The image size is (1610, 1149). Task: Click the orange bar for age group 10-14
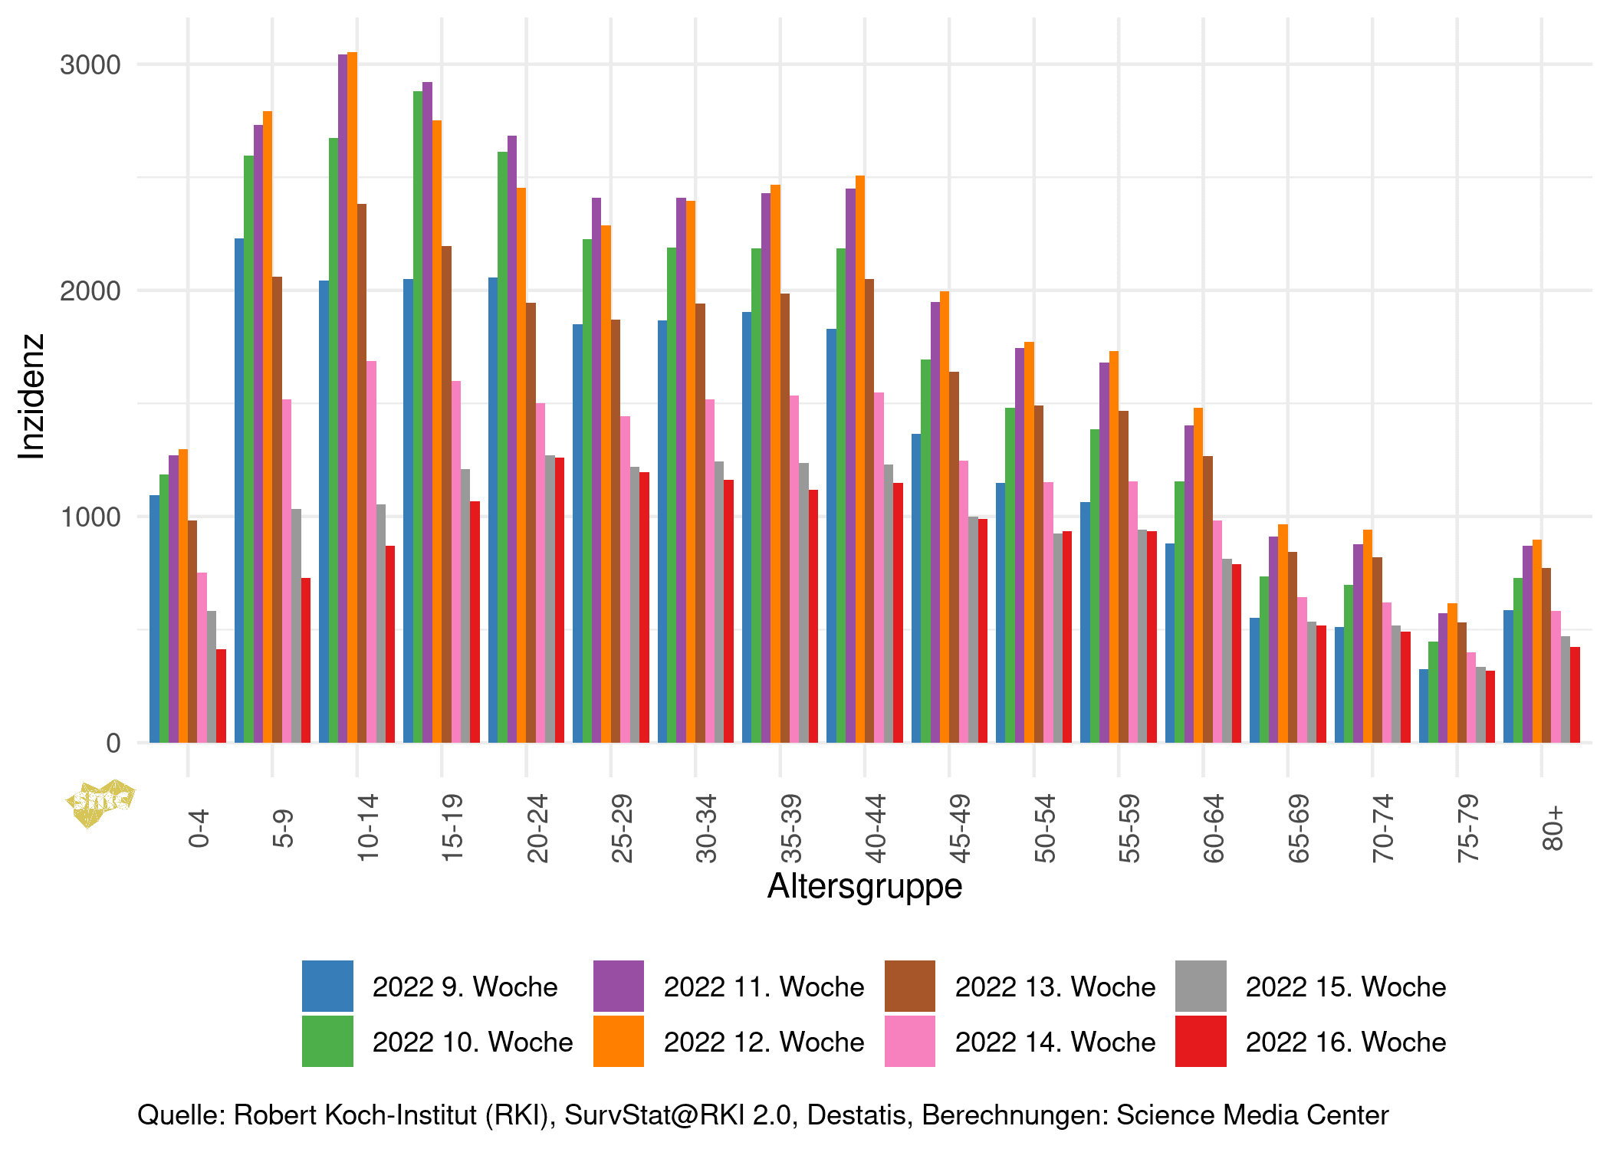(x=352, y=399)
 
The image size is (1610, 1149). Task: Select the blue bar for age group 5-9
(x=239, y=491)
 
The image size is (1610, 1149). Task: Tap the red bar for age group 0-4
(x=221, y=696)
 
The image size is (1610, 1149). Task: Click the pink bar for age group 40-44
(x=879, y=567)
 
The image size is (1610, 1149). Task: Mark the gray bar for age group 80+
(x=1565, y=689)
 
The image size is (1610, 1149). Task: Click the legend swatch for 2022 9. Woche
(x=327, y=986)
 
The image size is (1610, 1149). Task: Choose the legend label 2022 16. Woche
(x=1345, y=1042)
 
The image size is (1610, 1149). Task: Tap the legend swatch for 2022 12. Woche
(x=618, y=1042)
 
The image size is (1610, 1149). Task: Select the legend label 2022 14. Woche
(x=1055, y=1042)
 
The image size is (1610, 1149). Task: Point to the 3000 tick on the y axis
(x=90, y=65)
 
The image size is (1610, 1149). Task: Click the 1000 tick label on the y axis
(x=90, y=517)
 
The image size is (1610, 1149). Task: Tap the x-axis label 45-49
(x=960, y=828)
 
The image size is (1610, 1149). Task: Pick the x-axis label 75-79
(x=1467, y=828)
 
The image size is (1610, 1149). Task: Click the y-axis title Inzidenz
(x=32, y=396)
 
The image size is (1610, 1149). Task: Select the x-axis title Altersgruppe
(x=864, y=886)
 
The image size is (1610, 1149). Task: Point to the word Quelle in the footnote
(x=181, y=1115)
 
